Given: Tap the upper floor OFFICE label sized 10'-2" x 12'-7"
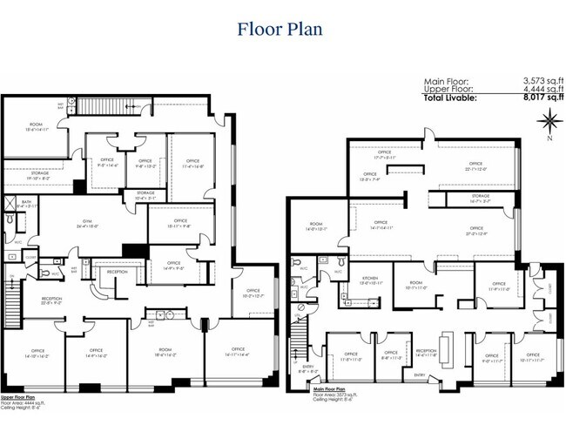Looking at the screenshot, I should pyautogui.click(x=253, y=293).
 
